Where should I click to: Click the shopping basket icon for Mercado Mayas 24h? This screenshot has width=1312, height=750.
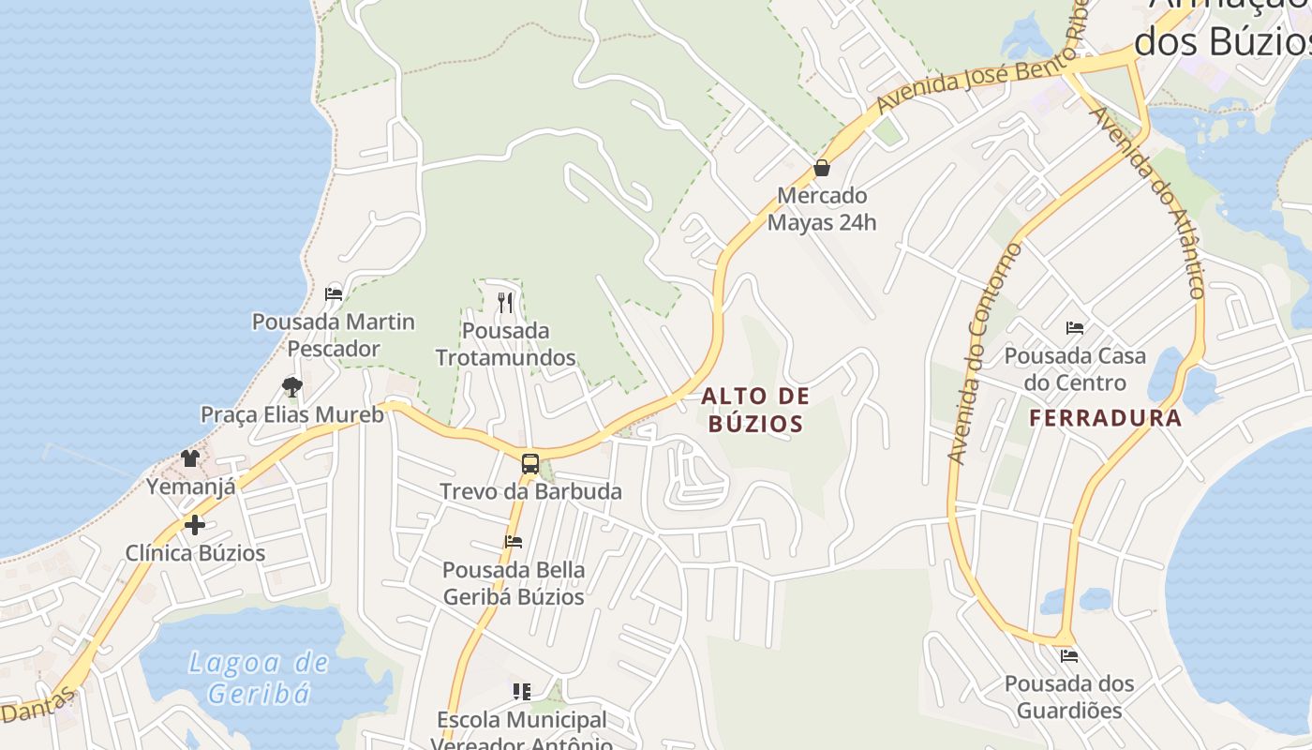[822, 169]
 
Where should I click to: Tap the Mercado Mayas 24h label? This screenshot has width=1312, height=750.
[822, 209]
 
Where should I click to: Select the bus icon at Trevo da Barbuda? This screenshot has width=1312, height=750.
[530, 463]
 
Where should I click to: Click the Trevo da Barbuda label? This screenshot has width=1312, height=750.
[530, 491]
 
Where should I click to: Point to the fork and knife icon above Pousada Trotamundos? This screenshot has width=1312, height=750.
[505, 302]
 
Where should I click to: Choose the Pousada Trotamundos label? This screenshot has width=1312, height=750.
[505, 344]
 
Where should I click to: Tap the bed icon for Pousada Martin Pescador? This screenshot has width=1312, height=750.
[333, 293]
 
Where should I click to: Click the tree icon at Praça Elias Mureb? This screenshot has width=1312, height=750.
[292, 386]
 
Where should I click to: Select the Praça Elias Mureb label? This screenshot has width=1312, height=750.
[292, 414]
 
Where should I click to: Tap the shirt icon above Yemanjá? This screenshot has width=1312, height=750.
[190, 458]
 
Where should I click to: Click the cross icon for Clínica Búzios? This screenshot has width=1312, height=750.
[195, 525]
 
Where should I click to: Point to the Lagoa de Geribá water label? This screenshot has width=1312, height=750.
[259, 678]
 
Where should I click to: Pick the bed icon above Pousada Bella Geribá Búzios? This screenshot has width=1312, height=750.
[513, 542]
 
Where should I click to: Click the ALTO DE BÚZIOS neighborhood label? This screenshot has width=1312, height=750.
[755, 410]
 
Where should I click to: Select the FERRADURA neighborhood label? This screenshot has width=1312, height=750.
[1106, 418]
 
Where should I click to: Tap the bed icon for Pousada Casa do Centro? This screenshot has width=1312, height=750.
[1075, 328]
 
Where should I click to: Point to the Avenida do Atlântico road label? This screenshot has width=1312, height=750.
[1149, 202]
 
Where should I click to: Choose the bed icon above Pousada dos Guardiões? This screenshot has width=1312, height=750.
[1068, 655]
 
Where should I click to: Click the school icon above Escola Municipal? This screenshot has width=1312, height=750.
[522, 692]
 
